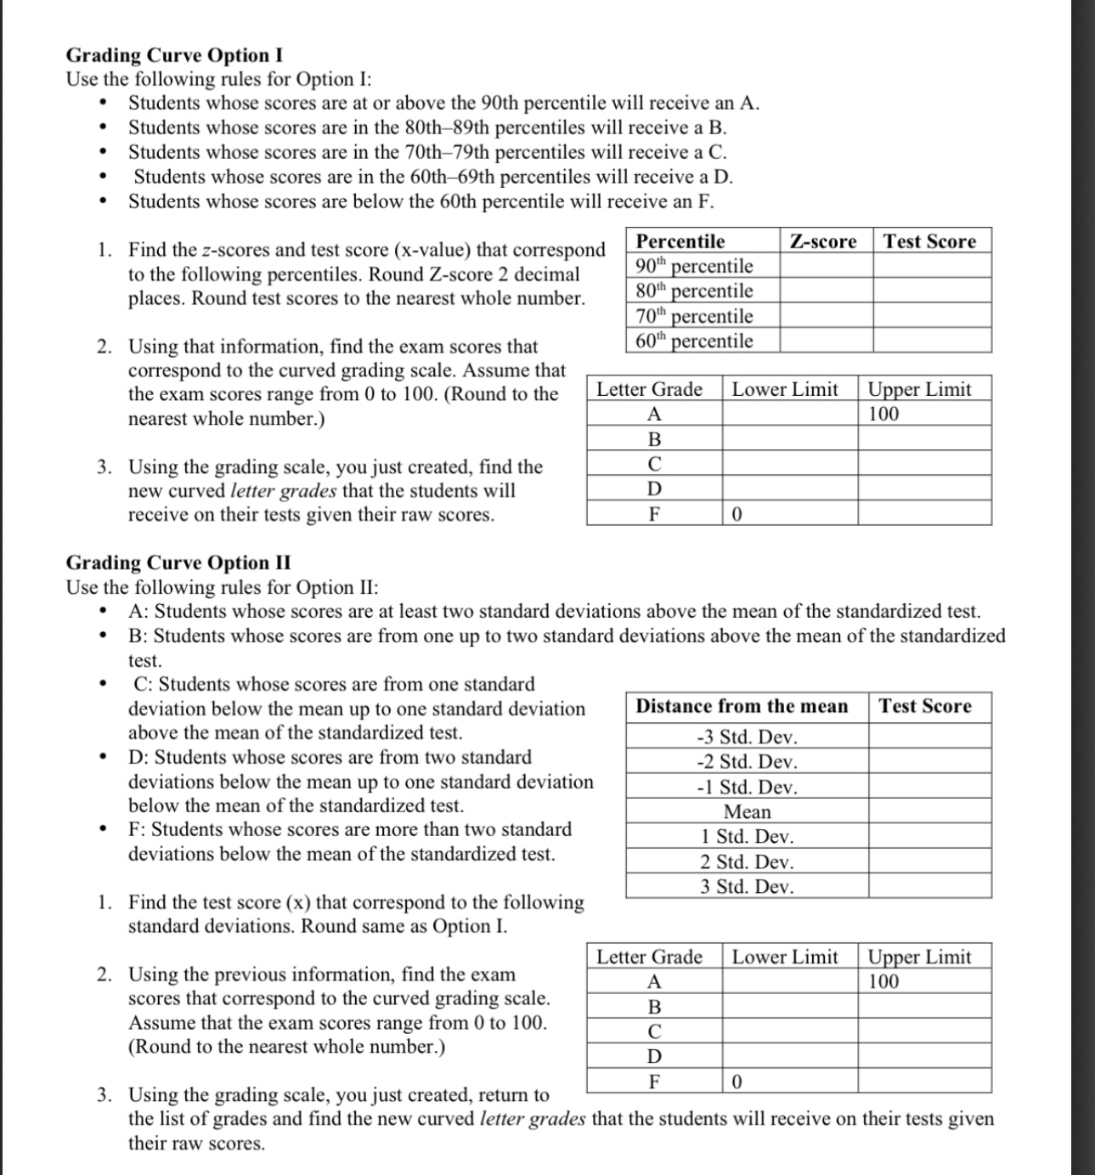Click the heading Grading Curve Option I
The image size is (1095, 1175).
[x=174, y=55]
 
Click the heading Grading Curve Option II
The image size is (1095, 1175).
[x=178, y=563]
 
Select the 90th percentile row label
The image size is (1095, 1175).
[x=694, y=266]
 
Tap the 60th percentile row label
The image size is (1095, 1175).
[x=694, y=341]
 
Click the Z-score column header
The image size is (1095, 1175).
[x=823, y=241]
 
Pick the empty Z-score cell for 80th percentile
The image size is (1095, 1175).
[x=826, y=291]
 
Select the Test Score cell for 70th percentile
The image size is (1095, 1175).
[x=932, y=316]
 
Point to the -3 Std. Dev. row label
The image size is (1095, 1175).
[x=747, y=737]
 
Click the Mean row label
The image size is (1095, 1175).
[x=747, y=812]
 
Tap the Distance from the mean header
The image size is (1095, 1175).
[x=742, y=706]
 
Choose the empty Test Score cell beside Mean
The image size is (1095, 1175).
[x=929, y=812]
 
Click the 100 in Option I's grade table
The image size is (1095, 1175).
[x=883, y=414]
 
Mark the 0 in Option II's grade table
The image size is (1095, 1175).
[x=737, y=1082]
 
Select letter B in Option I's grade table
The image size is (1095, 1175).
[x=653, y=439]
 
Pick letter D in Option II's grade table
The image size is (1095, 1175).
[x=653, y=1057]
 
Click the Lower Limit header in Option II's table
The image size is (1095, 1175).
[x=785, y=958]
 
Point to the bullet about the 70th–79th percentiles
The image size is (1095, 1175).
[x=427, y=152]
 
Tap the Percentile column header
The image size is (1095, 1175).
[x=680, y=241]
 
